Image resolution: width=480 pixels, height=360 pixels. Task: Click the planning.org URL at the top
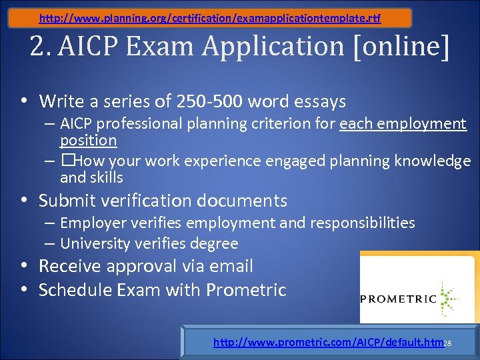point(210,18)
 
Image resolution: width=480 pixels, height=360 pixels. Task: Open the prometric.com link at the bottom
point(328,343)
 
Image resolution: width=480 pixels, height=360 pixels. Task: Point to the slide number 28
point(448,343)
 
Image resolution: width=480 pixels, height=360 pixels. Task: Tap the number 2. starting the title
point(43,47)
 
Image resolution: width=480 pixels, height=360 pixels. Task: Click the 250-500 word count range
point(207,101)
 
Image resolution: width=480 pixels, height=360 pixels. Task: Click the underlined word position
point(88,140)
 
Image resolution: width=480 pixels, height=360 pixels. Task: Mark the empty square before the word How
point(68,161)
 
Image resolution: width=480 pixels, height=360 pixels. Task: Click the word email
point(231,266)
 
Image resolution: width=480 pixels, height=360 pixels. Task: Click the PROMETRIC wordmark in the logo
point(398,299)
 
